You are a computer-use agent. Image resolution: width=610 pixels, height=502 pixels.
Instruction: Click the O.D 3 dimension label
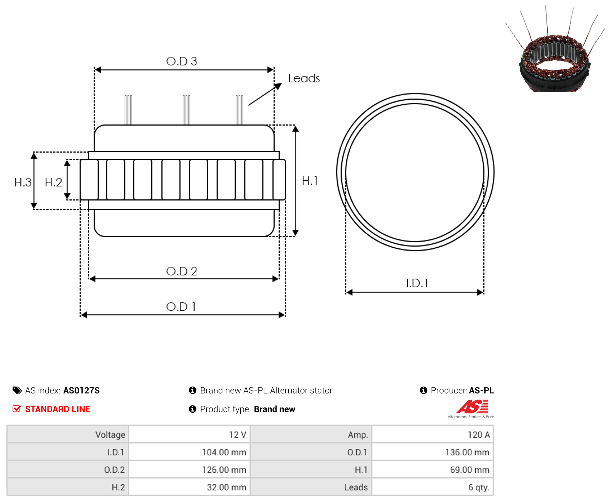(182, 61)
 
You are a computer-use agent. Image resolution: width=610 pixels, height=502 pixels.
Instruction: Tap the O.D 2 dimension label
(182, 271)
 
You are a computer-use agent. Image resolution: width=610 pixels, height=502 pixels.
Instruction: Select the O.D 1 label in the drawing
(181, 307)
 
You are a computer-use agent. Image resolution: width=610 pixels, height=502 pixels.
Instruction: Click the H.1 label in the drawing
(310, 181)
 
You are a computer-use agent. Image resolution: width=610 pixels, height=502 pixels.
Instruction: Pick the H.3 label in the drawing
(23, 183)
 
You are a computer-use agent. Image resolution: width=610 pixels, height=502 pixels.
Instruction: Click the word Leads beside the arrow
(304, 78)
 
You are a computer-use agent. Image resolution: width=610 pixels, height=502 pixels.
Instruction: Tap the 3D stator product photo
(555, 49)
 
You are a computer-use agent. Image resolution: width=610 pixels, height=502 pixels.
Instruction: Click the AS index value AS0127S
(81, 390)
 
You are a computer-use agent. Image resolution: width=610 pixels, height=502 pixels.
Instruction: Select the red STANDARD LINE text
(58, 409)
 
